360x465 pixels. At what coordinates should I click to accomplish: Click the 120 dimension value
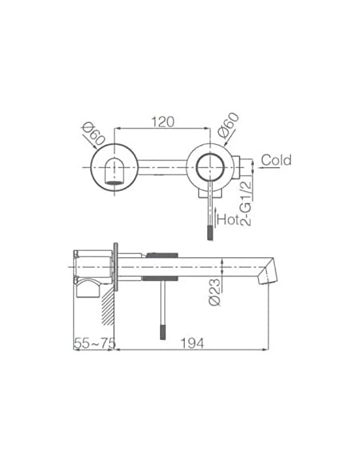click(162, 122)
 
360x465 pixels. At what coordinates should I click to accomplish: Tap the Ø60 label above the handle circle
click(228, 127)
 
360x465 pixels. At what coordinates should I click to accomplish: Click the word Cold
click(276, 160)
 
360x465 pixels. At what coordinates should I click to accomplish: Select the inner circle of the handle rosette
click(213, 169)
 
